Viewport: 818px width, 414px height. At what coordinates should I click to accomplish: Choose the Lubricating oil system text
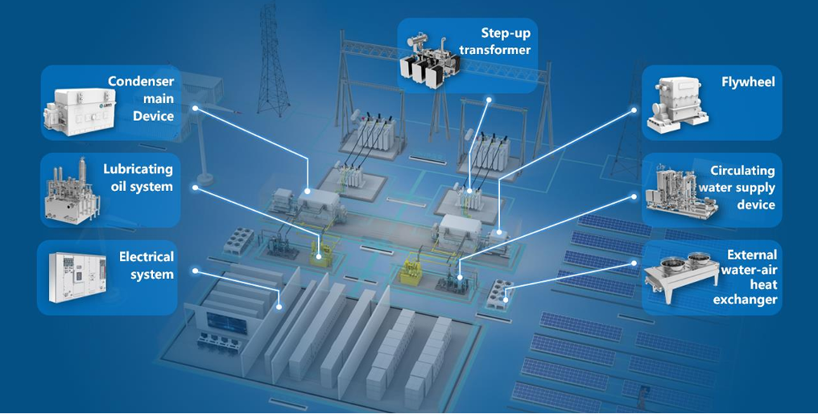(x=138, y=178)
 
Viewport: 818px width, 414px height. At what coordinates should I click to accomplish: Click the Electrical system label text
(x=146, y=266)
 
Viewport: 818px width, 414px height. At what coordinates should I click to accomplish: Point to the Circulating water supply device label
(x=742, y=188)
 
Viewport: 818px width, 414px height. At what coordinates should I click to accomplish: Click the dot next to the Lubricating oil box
(x=193, y=188)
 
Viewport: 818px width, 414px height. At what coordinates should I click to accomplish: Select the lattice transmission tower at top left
(x=271, y=60)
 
